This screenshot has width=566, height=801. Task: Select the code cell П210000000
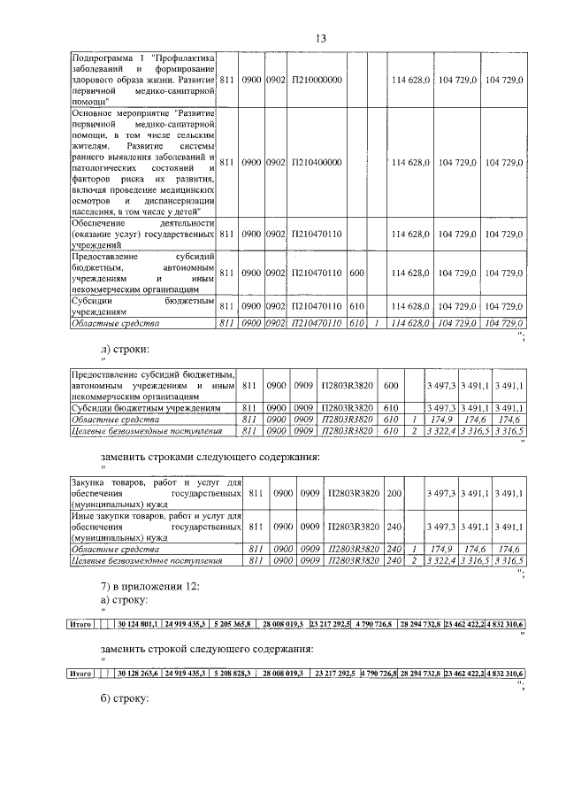click(317, 80)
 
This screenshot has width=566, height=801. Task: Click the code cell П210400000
click(317, 163)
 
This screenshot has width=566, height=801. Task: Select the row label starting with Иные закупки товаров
click(156, 526)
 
